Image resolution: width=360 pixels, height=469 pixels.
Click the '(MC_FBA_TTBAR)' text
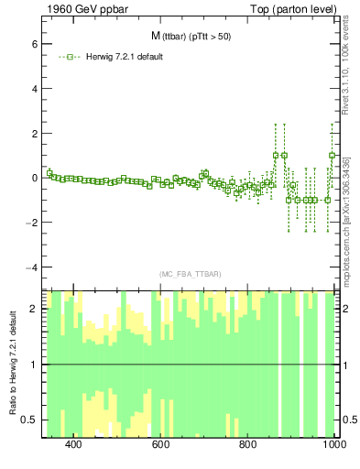tap(191, 274)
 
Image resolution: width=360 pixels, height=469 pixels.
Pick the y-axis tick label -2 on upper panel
tap(30, 223)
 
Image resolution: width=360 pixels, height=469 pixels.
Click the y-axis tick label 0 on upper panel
tap(33, 178)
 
